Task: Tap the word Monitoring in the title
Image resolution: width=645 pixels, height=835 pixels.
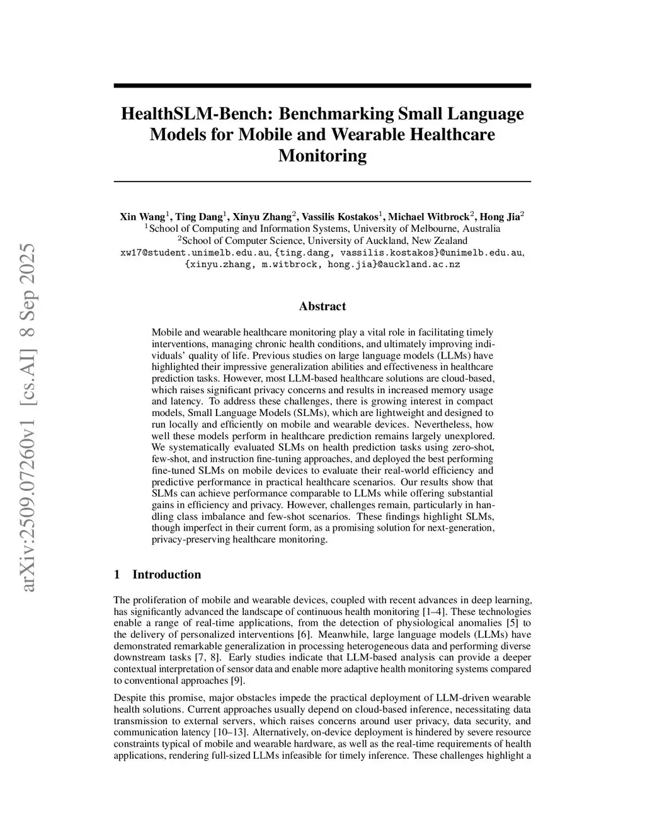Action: click(x=322, y=156)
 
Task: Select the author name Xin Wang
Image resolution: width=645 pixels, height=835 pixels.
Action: click(x=142, y=217)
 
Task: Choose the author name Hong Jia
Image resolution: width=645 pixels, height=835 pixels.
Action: click(x=499, y=217)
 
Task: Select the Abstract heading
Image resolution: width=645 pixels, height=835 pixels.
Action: click(x=322, y=306)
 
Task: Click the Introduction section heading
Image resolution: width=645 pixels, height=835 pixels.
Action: click(x=166, y=574)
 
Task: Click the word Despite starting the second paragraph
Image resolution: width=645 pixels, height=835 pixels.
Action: click(x=129, y=698)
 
